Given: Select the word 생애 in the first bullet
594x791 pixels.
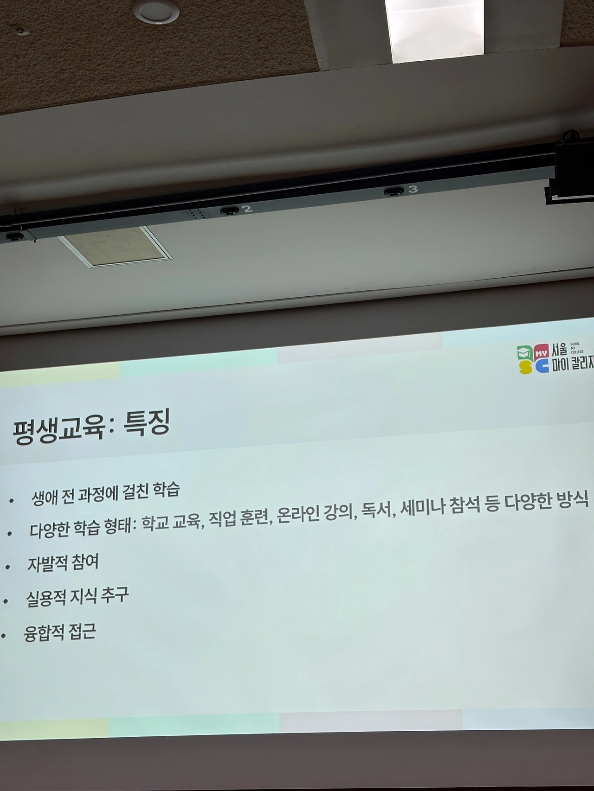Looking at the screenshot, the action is pos(45,498).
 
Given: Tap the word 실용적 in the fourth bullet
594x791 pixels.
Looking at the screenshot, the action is pos(45,598).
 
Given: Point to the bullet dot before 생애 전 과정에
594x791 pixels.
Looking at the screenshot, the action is pos(12,501).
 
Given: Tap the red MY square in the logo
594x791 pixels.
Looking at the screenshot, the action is pos(540,352).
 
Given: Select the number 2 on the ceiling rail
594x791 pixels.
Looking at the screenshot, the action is pos(248,209).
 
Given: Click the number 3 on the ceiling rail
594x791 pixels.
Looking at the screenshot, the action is pos(413,189).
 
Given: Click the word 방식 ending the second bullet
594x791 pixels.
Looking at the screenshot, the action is pos(573,498).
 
